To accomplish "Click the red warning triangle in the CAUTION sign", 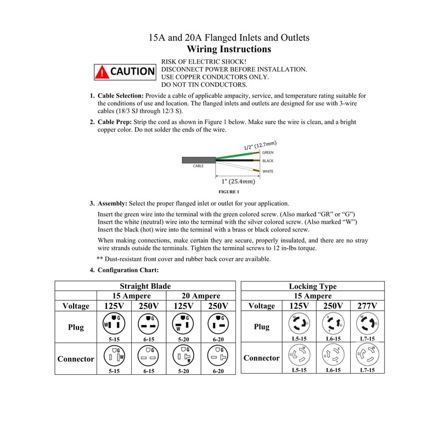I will [x=102, y=71].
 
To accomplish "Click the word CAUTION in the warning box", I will [x=132, y=71].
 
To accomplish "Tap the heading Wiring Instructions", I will [x=230, y=49].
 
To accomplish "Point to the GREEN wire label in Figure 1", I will [x=268, y=152].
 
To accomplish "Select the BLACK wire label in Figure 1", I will [x=268, y=161].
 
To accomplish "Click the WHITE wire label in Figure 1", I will [x=268, y=172].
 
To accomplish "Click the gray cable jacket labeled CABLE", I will [x=198, y=160].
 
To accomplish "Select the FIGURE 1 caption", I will [x=229, y=192].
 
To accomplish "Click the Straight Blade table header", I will [x=145, y=286].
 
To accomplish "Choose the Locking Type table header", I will [x=312, y=286].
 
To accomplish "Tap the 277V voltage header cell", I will [x=367, y=306].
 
